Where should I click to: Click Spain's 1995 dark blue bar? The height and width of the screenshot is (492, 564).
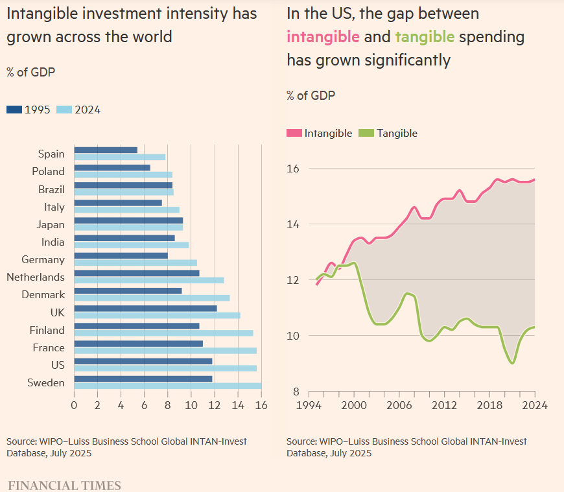tap(106, 150)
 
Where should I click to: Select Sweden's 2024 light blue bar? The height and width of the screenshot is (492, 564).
tap(167, 386)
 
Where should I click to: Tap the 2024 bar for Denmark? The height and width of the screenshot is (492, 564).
tap(152, 298)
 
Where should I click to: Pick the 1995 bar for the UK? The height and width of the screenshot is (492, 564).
tap(145, 309)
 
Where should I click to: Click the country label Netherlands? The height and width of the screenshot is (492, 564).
tap(36, 277)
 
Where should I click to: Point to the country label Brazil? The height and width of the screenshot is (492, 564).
tap(52, 189)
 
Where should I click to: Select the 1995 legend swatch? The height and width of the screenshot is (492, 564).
tap(14, 110)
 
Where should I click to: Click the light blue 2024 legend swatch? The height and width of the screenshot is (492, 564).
tap(64, 110)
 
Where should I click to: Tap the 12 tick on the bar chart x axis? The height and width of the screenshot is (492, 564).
tap(215, 405)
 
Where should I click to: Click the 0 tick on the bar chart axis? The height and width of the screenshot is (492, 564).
tap(75, 405)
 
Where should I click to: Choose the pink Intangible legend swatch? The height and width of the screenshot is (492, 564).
tap(294, 133)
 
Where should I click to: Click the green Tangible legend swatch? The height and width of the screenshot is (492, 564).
tap(366, 133)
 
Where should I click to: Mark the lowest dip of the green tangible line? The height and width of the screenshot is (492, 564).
tap(512, 363)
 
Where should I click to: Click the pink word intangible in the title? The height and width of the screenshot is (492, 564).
tap(323, 36)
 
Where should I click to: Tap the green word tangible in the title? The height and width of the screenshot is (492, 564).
tap(425, 36)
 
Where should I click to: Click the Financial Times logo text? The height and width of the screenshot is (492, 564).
tap(64, 485)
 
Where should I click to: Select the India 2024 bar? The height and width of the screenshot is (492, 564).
tap(131, 245)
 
